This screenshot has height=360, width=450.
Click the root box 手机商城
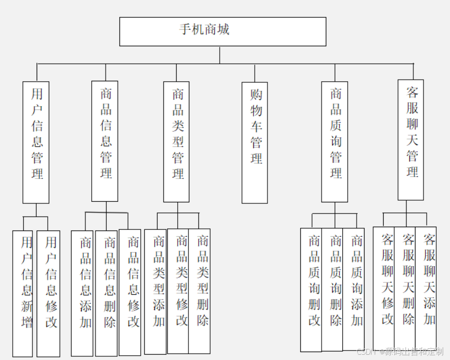point(222,31)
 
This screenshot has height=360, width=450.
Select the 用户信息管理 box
point(36,142)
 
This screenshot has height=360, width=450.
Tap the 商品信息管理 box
point(105,141)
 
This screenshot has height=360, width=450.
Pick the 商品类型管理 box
point(176,142)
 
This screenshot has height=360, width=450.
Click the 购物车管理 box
point(255,142)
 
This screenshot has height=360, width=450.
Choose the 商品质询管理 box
point(335,142)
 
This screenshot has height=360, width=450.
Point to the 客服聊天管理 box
point(411,140)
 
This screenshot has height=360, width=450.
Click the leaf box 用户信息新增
point(23,293)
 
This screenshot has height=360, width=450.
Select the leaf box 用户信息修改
point(48,293)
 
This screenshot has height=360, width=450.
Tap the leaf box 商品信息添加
point(82,293)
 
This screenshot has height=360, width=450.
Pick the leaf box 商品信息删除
point(106,293)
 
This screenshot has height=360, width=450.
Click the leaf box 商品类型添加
point(155,292)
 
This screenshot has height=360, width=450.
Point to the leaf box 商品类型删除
point(200,291)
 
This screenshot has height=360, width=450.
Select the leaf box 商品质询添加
point(354,289)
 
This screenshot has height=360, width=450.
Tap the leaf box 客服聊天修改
point(384,288)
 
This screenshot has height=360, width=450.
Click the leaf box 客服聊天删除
point(405,288)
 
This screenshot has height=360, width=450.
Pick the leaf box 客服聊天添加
point(426,288)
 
